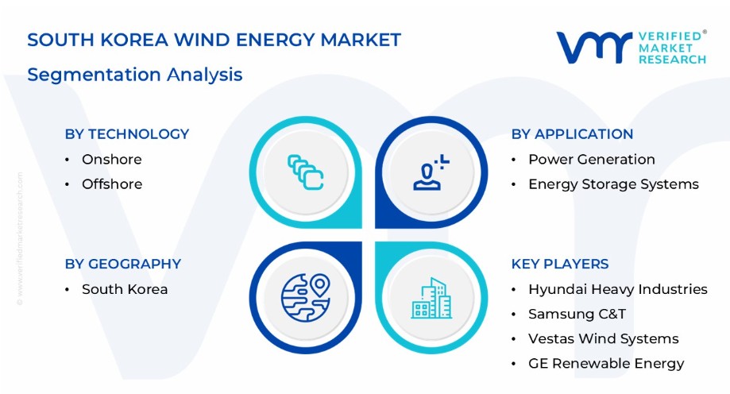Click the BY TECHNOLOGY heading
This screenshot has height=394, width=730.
[127, 134]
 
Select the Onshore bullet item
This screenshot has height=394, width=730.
[112, 160]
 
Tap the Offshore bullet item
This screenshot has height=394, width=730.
[112, 184]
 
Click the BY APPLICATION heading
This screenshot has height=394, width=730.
[572, 134]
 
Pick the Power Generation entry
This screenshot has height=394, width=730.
[592, 160]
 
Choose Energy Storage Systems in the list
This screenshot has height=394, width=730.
[613, 184]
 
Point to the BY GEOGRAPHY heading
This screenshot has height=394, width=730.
[123, 264]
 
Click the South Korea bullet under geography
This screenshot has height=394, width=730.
[125, 289]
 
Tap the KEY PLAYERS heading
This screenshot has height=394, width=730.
[560, 264]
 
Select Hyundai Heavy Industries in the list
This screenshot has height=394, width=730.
[618, 289]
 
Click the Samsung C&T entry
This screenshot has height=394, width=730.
[577, 314]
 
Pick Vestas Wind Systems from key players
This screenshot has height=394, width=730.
[604, 338]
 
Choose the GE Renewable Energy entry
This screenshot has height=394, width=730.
[606, 363]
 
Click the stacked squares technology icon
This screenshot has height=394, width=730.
[305, 172]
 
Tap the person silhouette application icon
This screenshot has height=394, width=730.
[431, 172]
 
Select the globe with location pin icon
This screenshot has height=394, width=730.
[305, 298]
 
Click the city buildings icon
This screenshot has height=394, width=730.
[431, 298]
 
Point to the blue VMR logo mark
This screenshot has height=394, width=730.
[594, 48]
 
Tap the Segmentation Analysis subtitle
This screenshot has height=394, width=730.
[135, 75]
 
